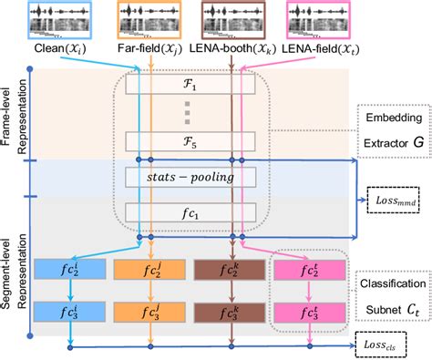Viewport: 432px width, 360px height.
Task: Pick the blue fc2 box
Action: coord(67,269)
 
